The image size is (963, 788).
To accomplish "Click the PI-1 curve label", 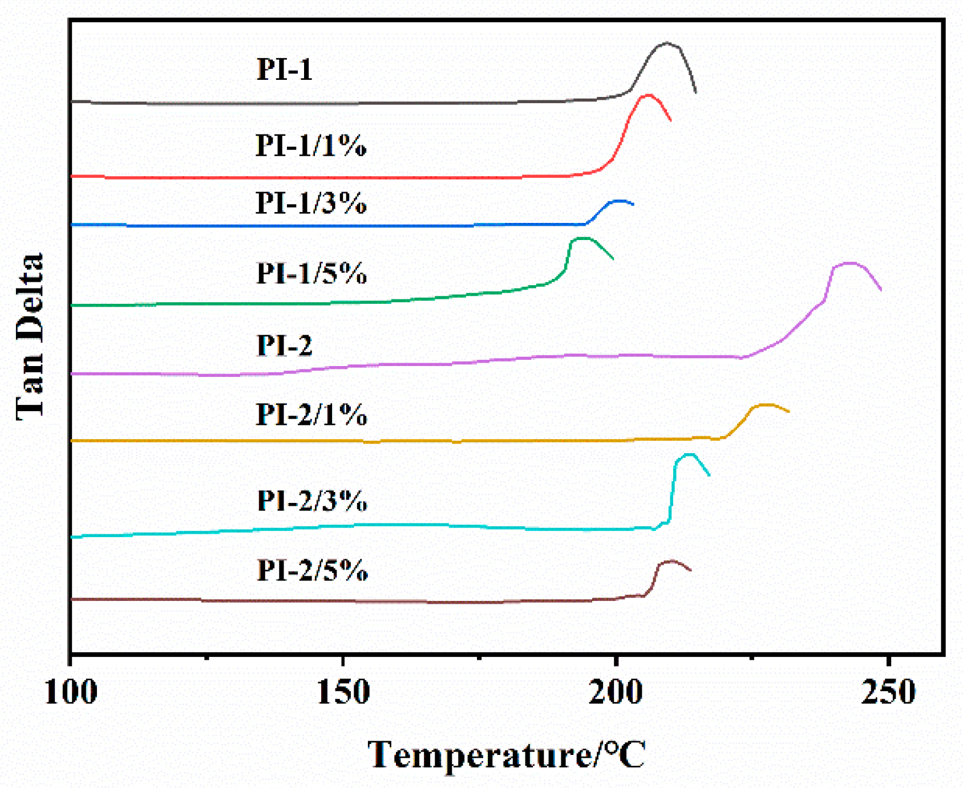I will click(x=284, y=69).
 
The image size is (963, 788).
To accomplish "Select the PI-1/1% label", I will click(x=310, y=145).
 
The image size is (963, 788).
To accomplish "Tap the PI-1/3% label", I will click(x=310, y=203).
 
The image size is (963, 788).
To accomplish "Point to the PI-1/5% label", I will click(x=311, y=273).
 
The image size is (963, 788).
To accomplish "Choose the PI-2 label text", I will click(x=284, y=346).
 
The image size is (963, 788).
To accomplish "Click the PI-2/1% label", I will click(x=311, y=415).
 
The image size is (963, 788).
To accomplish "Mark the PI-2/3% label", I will click(x=311, y=501).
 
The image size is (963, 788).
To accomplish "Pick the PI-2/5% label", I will click(x=312, y=570).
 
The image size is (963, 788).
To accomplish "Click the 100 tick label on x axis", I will click(x=71, y=693).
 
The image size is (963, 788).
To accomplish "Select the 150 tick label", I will click(x=343, y=693).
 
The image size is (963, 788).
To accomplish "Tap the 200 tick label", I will click(x=616, y=693).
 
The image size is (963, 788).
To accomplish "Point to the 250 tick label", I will click(x=888, y=693).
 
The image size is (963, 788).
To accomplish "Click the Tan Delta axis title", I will click(x=30, y=336).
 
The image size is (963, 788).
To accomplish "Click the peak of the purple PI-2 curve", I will click(x=850, y=263).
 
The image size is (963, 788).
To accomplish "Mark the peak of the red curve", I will click(x=648, y=95).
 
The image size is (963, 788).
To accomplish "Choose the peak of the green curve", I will click(x=582, y=238).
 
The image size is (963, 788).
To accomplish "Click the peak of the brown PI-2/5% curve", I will click(x=671, y=561).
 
